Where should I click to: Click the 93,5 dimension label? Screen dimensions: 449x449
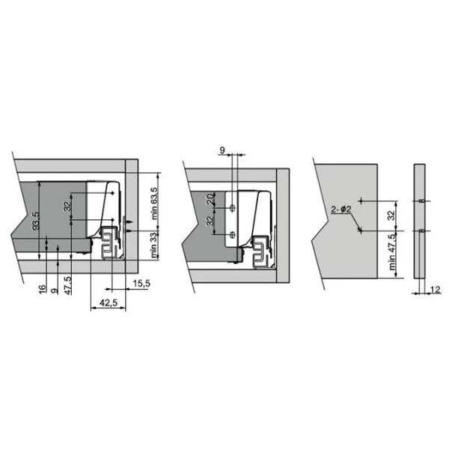coord(36,221)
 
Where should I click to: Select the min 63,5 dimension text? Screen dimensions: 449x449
coord(154,204)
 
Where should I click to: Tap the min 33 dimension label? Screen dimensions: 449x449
coord(154,245)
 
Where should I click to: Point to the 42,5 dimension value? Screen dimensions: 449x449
coord(109,302)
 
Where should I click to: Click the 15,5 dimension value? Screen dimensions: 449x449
coord(141,284)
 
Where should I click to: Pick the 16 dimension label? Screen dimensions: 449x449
coord(42,289)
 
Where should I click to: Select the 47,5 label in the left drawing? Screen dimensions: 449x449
coord(68,285)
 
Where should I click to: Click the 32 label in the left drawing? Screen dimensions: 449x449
coord(67,207)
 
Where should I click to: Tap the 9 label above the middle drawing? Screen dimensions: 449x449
coord(222,150)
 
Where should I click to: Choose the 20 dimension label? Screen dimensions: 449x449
coord(210,199)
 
